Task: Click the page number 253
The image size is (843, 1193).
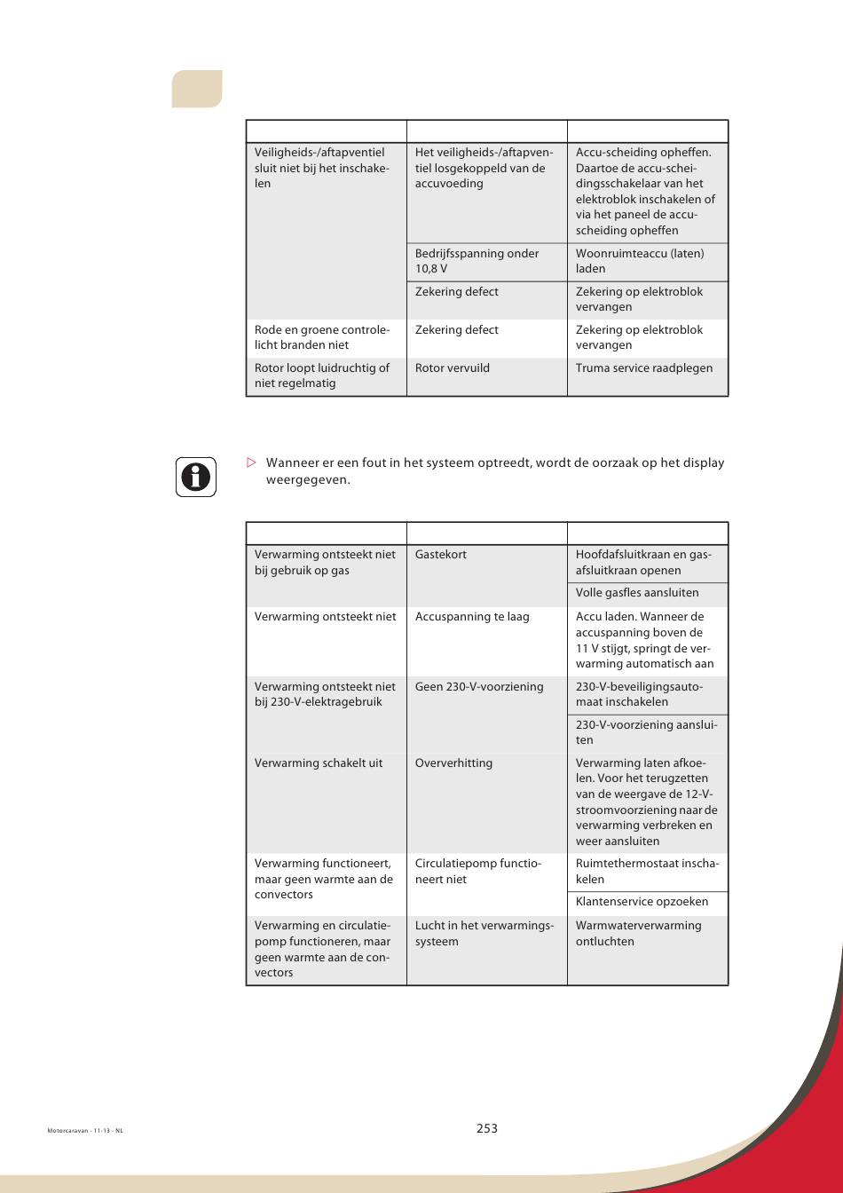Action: [x=486, y=1128]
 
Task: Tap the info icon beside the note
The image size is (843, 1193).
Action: [x=195, y=477]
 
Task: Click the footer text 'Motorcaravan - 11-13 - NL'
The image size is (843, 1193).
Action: [x=85, y=1131]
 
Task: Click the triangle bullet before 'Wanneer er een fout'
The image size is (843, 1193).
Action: [x=251, y=462]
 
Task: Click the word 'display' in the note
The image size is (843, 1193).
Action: [x=702, y=462]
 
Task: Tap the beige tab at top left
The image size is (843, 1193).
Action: [x=197, y=89]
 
